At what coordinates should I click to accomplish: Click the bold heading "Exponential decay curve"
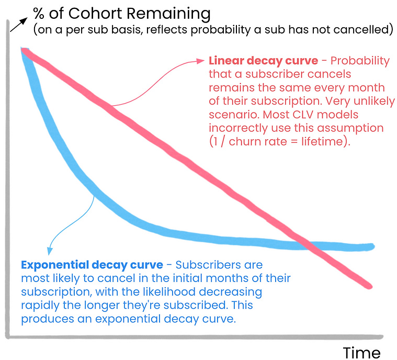[92, 265]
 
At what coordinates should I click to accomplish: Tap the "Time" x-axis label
[362, 351]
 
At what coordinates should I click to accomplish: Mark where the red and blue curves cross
[306, 244]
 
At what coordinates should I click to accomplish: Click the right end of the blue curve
[371, 246]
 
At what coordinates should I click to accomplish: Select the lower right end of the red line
[369, 286]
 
